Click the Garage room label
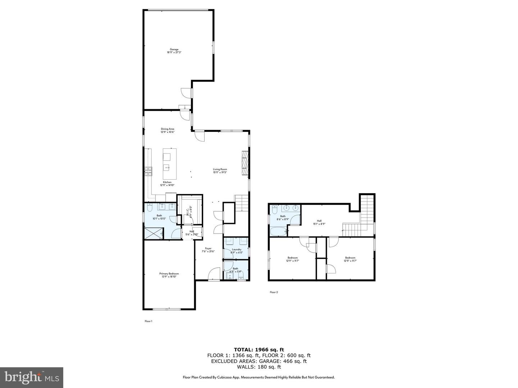tap(174, 50)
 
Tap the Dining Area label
tap(168, 129)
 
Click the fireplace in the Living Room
tap(245, 163)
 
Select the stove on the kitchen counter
tap(148, 171)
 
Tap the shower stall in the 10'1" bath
tap(153, 234)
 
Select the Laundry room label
tap(236, 249)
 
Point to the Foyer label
tap(208, 248)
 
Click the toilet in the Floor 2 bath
tap(274, 207)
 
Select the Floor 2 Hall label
tap(319, 221)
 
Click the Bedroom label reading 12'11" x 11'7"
tap(350, 258)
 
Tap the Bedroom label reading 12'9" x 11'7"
tap(292, 258)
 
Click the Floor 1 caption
tap(149, 321)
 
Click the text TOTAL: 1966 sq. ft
tap(259, 349)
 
